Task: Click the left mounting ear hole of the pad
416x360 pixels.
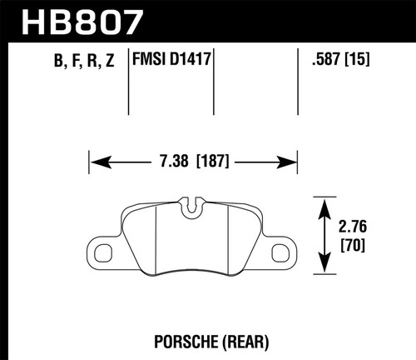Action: [x=105, y=250]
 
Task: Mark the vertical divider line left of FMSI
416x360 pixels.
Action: [x=129, y=83]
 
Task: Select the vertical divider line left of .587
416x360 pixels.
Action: [x=298, y=83]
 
